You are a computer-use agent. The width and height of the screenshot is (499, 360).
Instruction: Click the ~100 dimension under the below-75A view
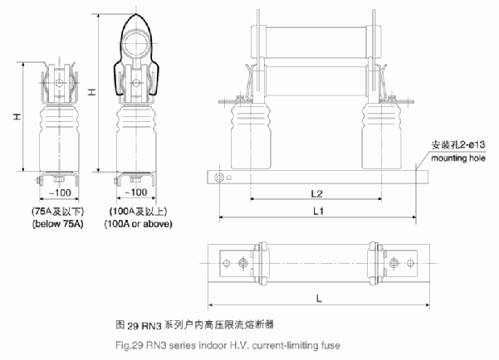coord(52,192)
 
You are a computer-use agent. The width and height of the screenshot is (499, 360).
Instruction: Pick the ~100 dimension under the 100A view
coord(132,192)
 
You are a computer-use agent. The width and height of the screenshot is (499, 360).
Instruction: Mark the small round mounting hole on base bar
coord(218,178)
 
